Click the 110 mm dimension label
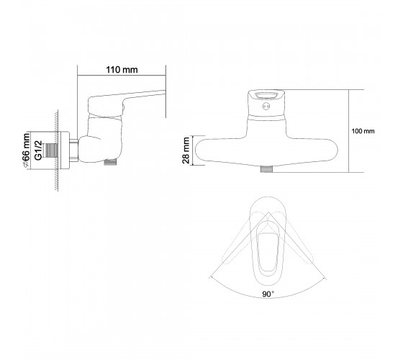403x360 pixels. (x=122, y=70)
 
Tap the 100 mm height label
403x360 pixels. (x=363, y=131)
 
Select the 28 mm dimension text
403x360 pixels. (x=186, y=150)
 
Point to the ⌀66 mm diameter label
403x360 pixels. (x=26, y=150)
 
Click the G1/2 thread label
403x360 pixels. (x=38, y=150)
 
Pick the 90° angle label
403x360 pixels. (x=268, y=294)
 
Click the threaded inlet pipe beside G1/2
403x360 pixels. (x=51, y=150)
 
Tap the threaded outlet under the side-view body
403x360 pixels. (x=110, y=162)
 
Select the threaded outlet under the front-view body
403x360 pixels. (x=266, y=169)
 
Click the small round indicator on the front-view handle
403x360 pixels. (x=266, y=106)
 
